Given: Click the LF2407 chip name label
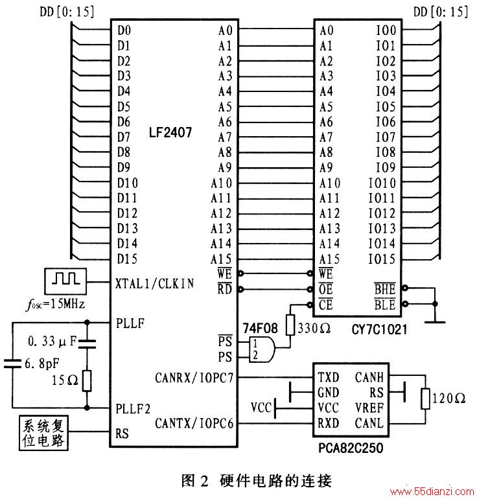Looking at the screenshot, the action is coord(170,132).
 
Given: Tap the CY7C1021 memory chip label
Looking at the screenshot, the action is coord(379,329).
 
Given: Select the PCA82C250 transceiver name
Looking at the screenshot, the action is coord(351,448).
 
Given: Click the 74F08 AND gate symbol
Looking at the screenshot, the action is coord(262,349).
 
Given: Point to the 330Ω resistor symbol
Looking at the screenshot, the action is coord(290,325).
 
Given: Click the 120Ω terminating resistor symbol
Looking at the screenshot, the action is coord(425,399).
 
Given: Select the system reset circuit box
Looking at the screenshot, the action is coord(43,432).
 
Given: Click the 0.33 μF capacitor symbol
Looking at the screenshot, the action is coord(87,343).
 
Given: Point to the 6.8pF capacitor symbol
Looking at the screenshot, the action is coord(12,364).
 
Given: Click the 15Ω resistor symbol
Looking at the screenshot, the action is coord(87,380).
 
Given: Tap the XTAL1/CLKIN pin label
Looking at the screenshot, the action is coord(155,283).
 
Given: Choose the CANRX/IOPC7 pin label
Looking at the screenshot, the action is coord(194,378).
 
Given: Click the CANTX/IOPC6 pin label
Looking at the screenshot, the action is coord(194,423).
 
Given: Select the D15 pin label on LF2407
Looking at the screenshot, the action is coord(127,259).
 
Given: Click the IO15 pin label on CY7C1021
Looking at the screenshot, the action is coord(382,259).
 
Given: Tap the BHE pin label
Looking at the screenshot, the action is coord(385,288).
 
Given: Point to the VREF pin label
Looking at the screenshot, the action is coord(369,408).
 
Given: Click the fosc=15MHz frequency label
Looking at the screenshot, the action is coord(55,305).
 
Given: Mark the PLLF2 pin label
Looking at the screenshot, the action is coord(133,409).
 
